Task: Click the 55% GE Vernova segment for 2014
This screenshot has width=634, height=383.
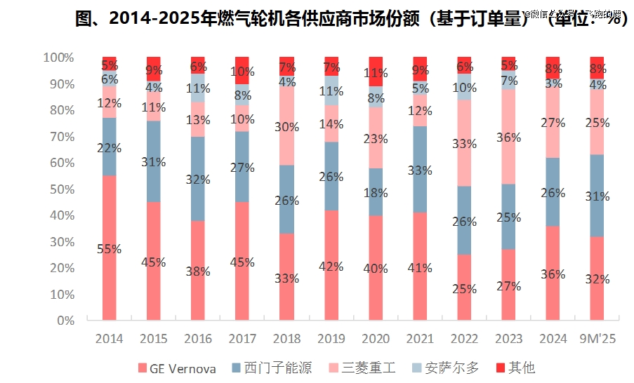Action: click(109, 248)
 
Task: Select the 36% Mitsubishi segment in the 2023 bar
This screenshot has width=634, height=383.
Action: click(508, 137)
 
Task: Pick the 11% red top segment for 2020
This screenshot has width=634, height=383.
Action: click(376, 72)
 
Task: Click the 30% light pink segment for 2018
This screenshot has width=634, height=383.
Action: click(286, 126)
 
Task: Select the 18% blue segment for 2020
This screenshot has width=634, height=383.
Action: click(376, 193)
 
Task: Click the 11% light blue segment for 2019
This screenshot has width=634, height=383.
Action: click(331, 90)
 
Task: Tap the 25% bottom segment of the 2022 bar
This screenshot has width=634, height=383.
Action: click(464, 288)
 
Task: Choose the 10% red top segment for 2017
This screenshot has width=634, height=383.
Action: click(242, 71)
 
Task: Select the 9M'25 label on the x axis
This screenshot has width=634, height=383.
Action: click(596, 339)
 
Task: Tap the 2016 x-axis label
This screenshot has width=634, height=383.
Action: click(198, 339)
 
